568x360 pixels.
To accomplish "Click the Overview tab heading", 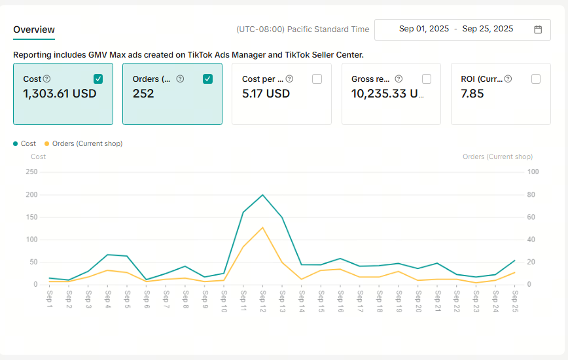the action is tap(34, 29).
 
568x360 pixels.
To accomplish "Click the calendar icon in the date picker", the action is tap(538, 29).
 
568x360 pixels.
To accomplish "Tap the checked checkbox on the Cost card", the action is tap(98, 79).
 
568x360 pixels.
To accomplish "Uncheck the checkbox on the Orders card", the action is tap(207, 79).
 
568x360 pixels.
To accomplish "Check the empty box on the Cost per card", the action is tap(317, 79).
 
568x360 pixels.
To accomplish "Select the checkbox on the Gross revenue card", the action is tap(427, 79).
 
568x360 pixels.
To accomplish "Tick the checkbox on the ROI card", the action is tap(536, 79).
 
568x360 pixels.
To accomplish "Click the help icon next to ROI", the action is tap(508, 79).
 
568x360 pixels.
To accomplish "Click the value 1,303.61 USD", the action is tap(60, 94).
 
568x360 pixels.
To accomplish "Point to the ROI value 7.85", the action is tap(472, 94).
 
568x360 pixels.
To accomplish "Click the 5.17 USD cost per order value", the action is tap(266, 94).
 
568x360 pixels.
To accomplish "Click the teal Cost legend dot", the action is tap(15, 144).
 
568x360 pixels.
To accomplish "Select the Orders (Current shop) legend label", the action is tap(87, 143).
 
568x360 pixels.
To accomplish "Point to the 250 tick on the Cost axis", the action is tap(31, 171).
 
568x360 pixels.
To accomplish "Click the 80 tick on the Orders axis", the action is tap(531, 194).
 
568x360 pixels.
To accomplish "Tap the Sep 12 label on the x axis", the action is tap(263, 301).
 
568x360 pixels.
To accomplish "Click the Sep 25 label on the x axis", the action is tap(515, 301).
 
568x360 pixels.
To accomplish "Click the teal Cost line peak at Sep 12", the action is tap(262, 195).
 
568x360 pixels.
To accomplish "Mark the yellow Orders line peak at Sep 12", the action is tap(262, 227).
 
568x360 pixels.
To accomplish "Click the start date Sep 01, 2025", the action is tap(424, 29).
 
